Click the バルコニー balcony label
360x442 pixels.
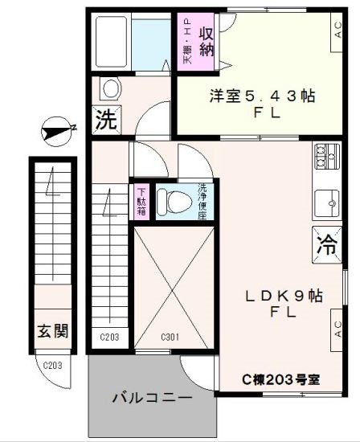click(152, 398)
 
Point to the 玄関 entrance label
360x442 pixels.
click(51, 329)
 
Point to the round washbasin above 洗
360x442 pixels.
click(108, 87)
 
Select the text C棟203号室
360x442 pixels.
click(281, 379)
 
